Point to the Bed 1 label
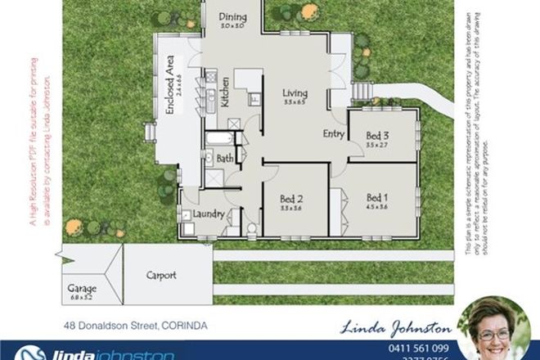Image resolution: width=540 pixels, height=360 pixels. (376, 197)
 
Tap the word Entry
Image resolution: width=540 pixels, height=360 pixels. (334, 133)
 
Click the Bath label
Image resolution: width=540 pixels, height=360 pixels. (226, 158)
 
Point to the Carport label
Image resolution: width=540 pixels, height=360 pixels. (162, 275)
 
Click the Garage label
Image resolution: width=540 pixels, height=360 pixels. (83, 289)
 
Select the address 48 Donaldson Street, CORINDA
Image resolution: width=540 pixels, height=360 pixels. (136, 326)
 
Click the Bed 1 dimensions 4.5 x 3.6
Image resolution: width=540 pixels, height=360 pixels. (376, 207)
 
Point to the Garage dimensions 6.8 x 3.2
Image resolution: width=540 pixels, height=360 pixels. (83, 299)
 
